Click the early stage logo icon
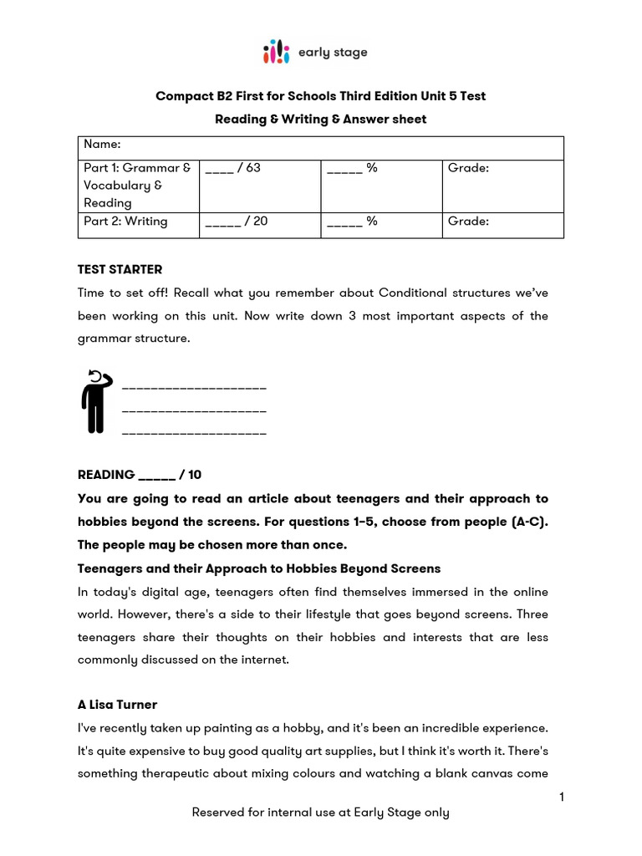click(276, 52)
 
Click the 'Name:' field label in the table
click(102, 145)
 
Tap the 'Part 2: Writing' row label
click(125, 222)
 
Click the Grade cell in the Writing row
click(468, 222)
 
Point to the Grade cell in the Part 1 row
click(468, 168)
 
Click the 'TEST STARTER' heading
click(120, 269)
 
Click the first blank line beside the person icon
click(194, 388)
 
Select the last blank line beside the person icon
click(194, 433)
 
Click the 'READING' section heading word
click(106, 475)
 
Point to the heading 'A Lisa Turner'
click(117, 705)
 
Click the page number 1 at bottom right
click(562, 797)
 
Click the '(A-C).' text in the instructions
click(528, 522)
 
